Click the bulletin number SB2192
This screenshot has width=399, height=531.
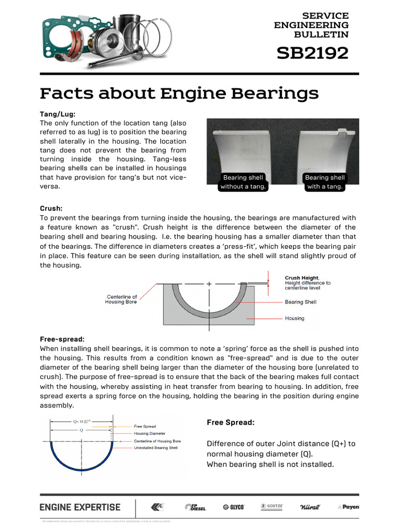pyautogui.click(x=312, y=53)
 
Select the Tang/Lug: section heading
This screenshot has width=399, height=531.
pyautogui.click(x=58, y=114)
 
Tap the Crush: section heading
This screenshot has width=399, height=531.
pyautogui.click(x=51, y=208)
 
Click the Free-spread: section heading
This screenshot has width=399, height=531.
pyautogui.click(x=62, y=339)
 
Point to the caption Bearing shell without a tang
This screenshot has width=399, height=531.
pyautogui.click(x=243, y=182)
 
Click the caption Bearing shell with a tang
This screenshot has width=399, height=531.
pyautogui.click(x=325, y=182)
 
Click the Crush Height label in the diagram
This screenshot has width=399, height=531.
pyautogui.click(x=302, y=278)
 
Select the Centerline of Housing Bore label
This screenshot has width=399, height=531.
pyautogui.click(x=122, y=299)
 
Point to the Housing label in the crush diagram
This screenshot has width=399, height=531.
pyautogui.click(x=295, y=318)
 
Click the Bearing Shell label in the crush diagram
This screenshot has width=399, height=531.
pyautogui.click(x=300, y=302)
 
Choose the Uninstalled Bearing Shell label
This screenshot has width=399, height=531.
pyautogui.click(x=156, y=448)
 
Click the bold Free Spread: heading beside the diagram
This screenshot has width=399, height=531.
pyautogui.click(x=231, y=423)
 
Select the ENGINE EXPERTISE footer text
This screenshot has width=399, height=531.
pyautogui.click(x=80, y=507)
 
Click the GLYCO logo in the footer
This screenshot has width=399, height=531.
pyautogui.click(x=233, y=507)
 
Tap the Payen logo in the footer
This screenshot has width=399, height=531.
pyautogui.click(x=348, y=507)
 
